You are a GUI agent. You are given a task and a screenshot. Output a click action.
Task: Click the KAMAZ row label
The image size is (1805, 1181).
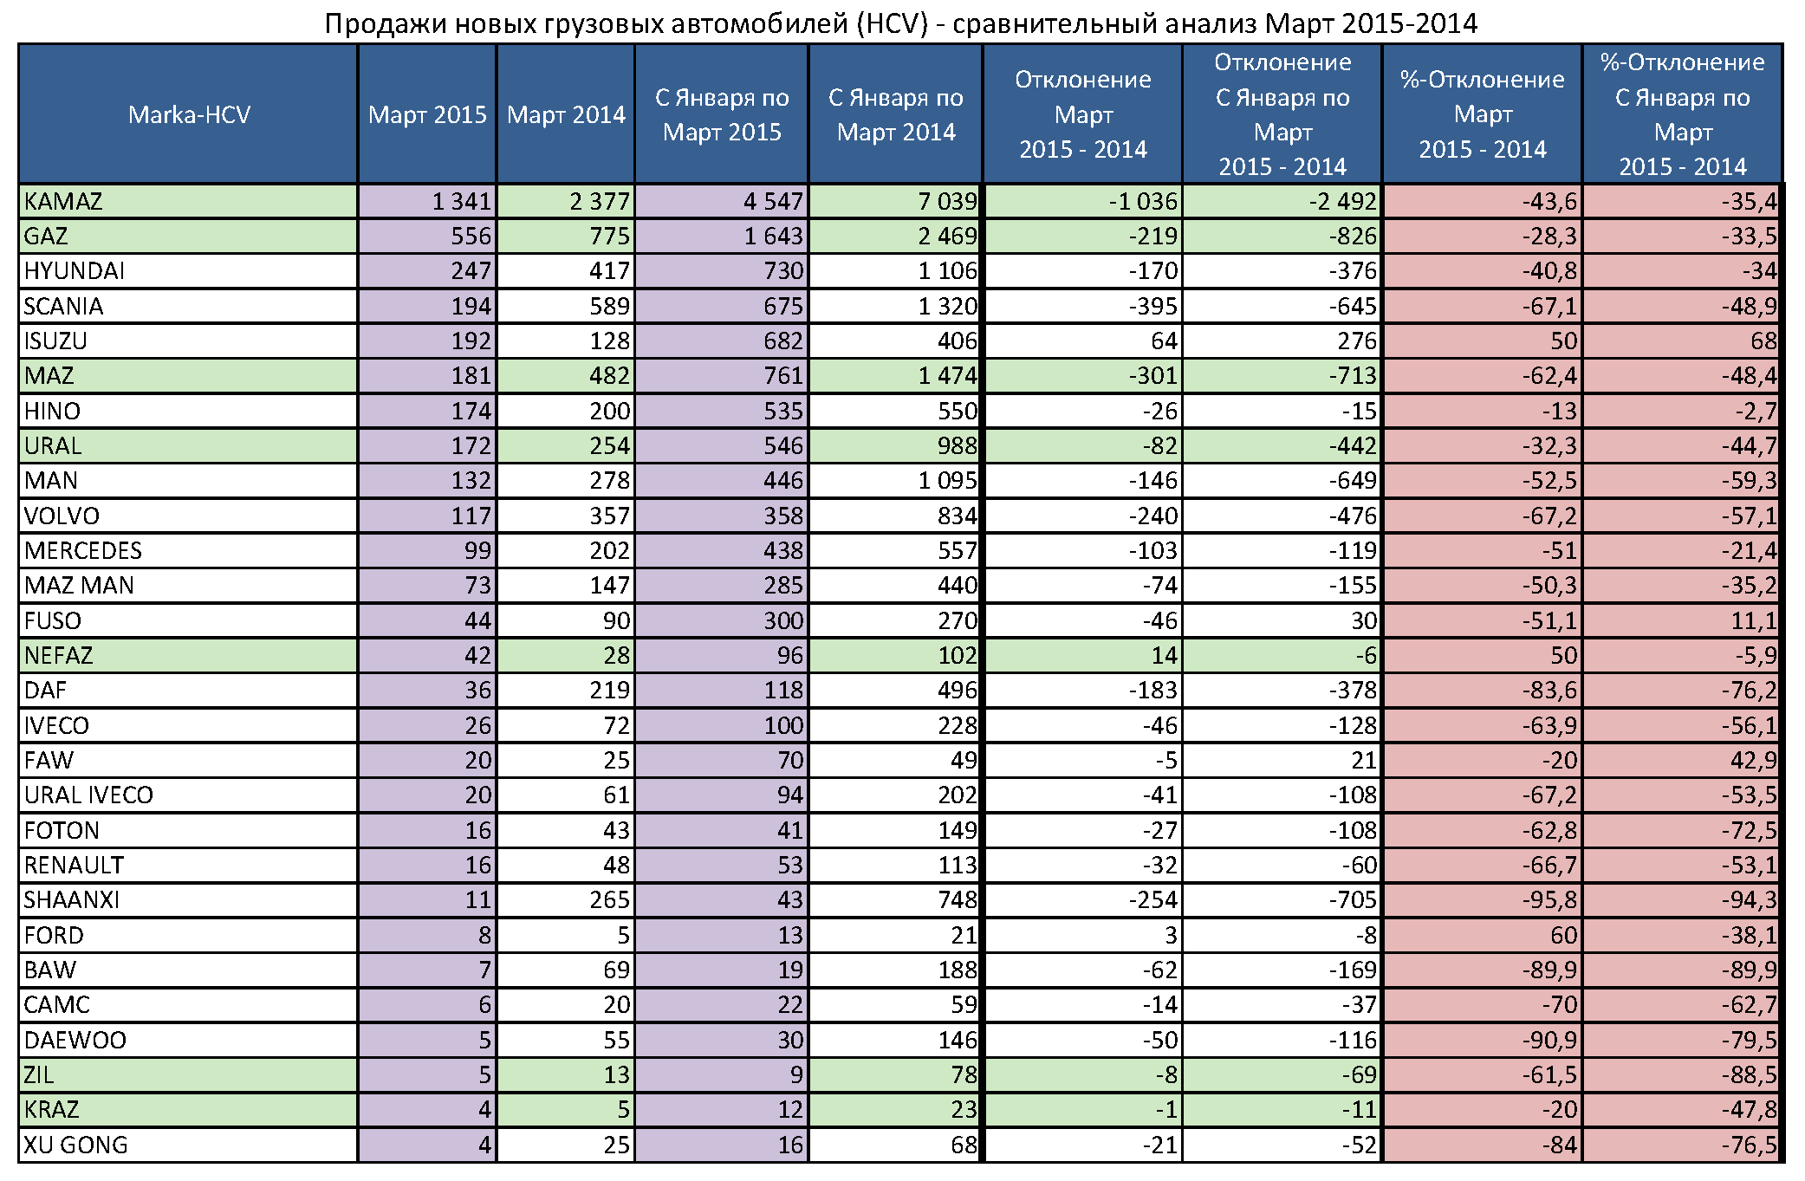(x=63, y=202)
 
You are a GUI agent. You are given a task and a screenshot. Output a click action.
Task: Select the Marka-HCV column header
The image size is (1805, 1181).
(x=189, y=114)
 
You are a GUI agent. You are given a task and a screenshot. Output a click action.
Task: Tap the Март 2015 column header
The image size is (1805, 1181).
(x=427, y=114)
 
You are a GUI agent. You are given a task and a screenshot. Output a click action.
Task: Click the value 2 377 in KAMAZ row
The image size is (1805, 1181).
(x=600, y=202)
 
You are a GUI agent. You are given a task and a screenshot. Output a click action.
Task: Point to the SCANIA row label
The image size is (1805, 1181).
(x=63, y=307)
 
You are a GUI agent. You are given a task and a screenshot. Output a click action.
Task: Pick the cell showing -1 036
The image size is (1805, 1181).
(x=1143, y=202)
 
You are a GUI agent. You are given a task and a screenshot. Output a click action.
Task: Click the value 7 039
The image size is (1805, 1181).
(x=947, y=202)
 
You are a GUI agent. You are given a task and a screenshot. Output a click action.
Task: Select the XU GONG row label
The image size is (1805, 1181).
(x=75, y=1145)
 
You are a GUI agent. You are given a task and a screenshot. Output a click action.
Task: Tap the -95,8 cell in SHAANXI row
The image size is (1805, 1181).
(x=1549, y=900)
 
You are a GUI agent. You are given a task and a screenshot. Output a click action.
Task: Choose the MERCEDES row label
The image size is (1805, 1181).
(x=82, y=551)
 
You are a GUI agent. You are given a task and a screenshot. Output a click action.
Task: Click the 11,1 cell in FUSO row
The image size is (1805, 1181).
(x=1754, y=621)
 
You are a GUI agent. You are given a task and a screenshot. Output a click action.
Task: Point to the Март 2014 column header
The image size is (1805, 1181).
(x=566, y=114)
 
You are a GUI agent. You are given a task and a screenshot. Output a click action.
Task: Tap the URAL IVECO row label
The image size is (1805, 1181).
(x=88, y=795)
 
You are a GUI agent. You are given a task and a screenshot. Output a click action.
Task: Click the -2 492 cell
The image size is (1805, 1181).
(x=1342, y=202)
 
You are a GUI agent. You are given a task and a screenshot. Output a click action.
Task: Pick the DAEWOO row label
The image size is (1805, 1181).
(x=75, y=1041)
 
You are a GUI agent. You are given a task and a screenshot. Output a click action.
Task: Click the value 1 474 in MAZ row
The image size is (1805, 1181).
(x=947, y=376)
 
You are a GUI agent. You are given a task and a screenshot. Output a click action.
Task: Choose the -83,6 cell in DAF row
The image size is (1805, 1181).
(x=1549, y=691)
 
